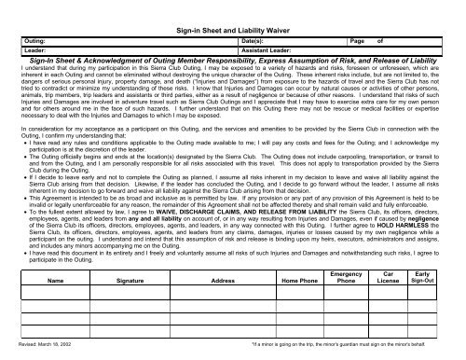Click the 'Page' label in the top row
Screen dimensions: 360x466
355,43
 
